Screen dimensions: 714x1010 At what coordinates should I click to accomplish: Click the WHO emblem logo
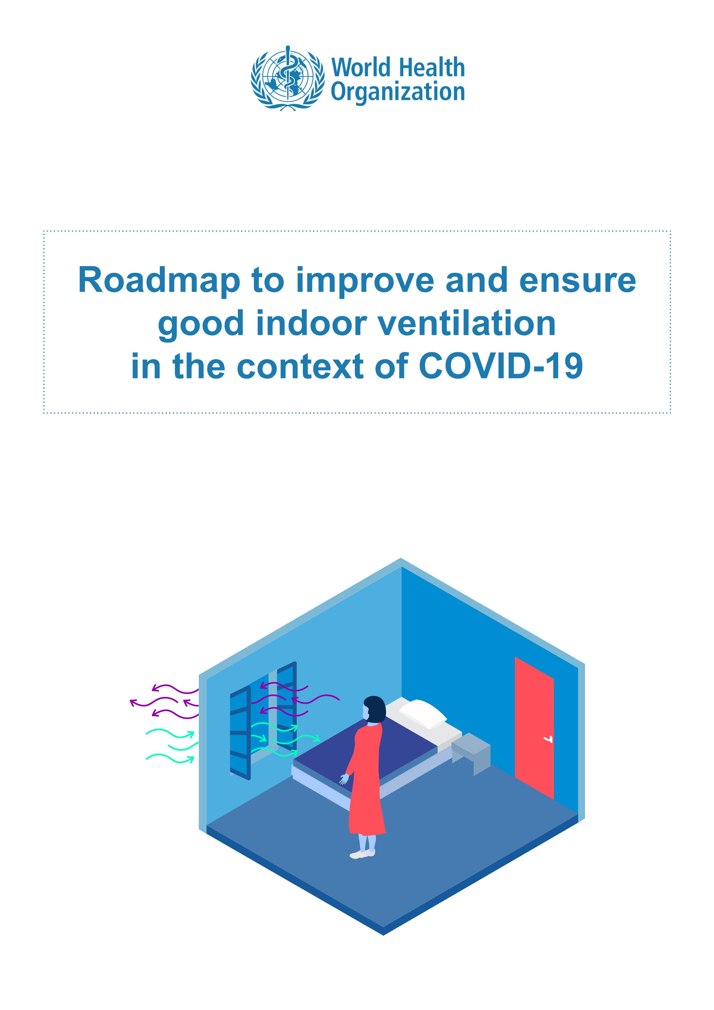coord(285,78)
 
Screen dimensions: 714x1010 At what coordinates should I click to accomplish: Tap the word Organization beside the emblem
coord(398,93)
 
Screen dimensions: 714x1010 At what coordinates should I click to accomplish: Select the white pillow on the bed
coord(423,714)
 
